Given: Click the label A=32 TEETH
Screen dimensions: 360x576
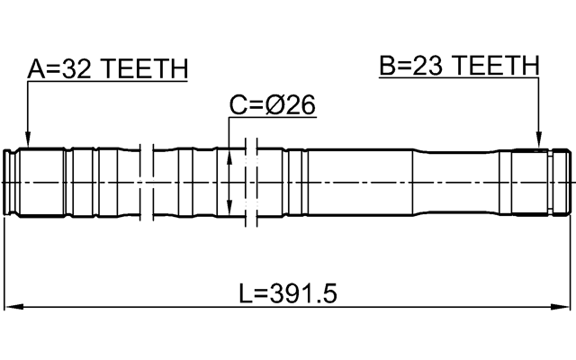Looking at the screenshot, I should click(x=107, y=69).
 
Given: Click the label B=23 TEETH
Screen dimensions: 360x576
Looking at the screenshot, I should click(x=459, y=66).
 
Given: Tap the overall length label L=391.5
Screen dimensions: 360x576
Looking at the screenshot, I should click(x=288, y=293).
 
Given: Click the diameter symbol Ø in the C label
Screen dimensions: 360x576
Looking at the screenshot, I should click(x=277, y=106).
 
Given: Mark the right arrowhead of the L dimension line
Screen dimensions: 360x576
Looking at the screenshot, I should click(x=565, y=309).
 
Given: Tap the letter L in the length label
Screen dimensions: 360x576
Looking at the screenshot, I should click(x=245, y=293).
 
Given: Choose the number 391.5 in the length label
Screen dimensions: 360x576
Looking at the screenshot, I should click(x=303, y=293).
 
